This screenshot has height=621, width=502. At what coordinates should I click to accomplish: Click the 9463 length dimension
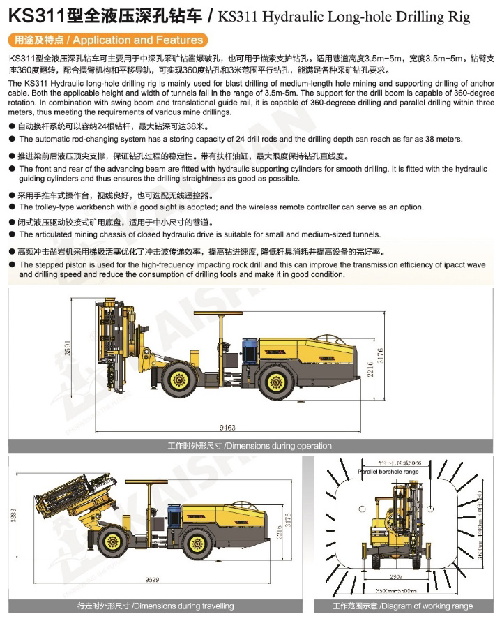227,427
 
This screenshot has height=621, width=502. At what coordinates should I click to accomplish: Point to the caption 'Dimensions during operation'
250,445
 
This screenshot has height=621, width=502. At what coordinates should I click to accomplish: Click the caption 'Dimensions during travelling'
155,606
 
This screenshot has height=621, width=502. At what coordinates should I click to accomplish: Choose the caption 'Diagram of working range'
402,606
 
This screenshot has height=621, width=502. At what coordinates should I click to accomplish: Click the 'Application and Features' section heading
109,40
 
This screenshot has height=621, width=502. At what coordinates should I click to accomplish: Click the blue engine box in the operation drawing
250,349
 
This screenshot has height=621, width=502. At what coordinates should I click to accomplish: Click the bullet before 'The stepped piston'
12,265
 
